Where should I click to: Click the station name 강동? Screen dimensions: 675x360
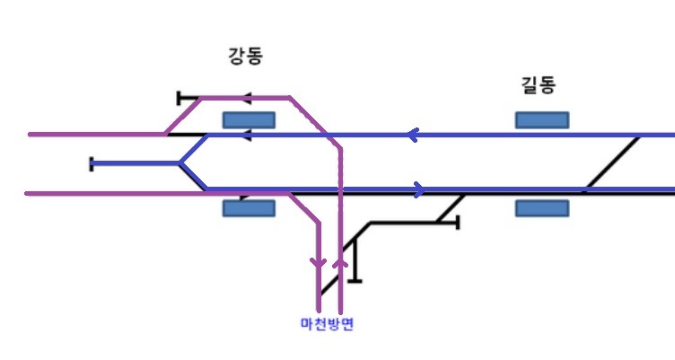(x=245, y=57)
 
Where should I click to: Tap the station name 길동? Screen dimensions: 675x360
(x=538, y=84)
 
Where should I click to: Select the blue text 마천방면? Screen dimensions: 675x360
(x=327, y=323)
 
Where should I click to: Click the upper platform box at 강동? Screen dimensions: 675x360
(x=249, y=120)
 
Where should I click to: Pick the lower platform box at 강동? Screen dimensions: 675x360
(x=249, y=208)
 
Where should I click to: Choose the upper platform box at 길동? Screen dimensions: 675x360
(x=542, y=120)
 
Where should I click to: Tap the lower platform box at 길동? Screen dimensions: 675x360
(x=542, y=208)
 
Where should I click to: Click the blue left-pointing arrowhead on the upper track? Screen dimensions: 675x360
(x=412, y=135)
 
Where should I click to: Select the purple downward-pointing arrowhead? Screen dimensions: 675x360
(x=319, y=263)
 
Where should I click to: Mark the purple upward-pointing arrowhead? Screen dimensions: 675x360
(x=340, y=262)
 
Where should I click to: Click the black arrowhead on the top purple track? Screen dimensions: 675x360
(x=246, y=98)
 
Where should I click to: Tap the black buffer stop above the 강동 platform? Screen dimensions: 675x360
(x=180, y=98)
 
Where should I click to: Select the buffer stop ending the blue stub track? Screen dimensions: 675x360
(x=92, y=164)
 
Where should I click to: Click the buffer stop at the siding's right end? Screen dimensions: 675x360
(x=458, y=223)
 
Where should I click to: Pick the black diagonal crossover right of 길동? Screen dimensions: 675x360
(x=612, y=162)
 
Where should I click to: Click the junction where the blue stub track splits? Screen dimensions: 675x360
(x=180, y=163)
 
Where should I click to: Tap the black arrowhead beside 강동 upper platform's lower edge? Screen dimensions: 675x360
(x=246, y=136)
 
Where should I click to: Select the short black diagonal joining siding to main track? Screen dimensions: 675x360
(x=450, y=208)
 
